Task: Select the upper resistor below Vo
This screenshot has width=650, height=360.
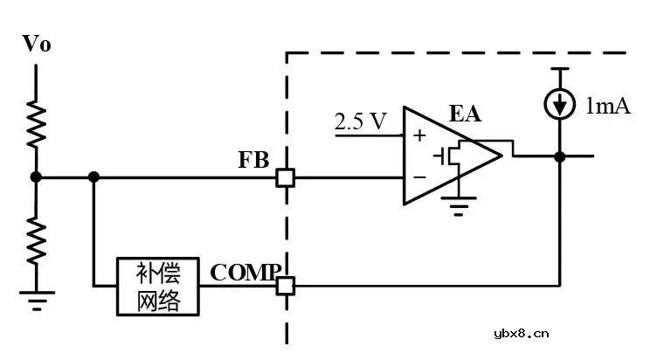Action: [36, 124]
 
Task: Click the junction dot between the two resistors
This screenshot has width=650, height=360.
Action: [36, 177]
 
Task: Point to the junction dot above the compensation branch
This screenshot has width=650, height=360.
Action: [93, 177]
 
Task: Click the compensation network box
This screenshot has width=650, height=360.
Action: [159, 286]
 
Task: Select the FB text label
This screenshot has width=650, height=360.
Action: [254, 161]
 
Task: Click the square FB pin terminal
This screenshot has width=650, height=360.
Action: [285, 177]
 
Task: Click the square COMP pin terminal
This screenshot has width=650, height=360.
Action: [286, 285]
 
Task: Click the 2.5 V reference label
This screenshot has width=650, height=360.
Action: [360, 121]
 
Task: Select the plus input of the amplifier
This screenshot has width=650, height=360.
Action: [418, 135]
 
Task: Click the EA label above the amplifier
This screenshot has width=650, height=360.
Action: [465, 113]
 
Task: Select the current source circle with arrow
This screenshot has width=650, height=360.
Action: [559, 105]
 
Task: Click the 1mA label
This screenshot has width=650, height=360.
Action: [608, 106]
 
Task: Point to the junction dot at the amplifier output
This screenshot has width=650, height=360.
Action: [559, 157]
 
